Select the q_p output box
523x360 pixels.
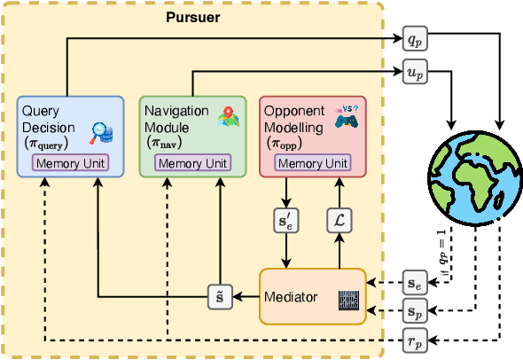[x=414, y=40]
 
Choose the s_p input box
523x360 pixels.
[x=414, y=310]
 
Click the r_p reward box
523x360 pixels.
[x=414, y=340]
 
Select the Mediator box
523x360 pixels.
[x=311, y=295]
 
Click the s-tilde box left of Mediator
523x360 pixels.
[x=219, y=295]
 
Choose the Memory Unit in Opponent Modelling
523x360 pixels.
[x=312, y=163]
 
